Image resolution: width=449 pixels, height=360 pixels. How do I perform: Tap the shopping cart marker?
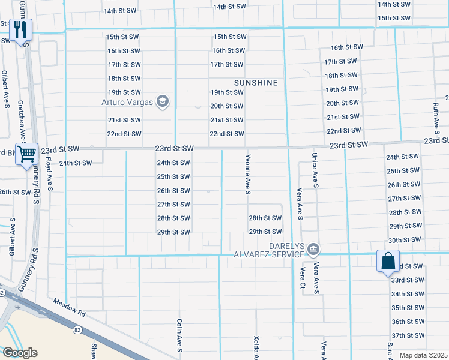pyautogui.click(x=26, y=154)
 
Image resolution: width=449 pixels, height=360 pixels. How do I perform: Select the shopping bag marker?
pyautogui.click(x=388, y=262)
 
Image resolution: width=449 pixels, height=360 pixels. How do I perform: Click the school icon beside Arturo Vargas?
pyautogui.click(x=161, y=101)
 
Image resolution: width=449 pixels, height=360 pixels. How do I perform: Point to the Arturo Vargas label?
pyautogui.click(x=127, y=101)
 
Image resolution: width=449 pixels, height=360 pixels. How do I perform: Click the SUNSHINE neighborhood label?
pyautogui.click(x=256, y=83)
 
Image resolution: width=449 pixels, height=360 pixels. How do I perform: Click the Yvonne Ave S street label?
pyautogui.click(x=247, y=174)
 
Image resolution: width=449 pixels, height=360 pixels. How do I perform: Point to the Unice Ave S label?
pyautogui.click(x=314, y=170)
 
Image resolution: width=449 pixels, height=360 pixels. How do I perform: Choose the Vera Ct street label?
pyautogui.click(x=303, y=279)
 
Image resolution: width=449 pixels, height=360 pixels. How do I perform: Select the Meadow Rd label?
pyautogui.click(x=70, y=309)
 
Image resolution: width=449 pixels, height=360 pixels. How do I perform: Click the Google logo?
pyautogui.click(x=20, y=353)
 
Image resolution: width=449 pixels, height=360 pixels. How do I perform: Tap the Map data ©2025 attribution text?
pyautogui.click(x=423, y=356)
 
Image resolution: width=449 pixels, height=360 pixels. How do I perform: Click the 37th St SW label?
pyautogui.click(x=408, y=335)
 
